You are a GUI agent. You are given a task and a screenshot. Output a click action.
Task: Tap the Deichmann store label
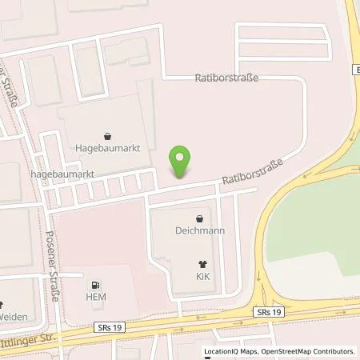(200, 230)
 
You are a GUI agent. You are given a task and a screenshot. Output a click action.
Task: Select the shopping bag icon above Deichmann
(200, 218)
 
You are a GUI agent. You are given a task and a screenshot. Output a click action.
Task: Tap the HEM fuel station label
(96, 298)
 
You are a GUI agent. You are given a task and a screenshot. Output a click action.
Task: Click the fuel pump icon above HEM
(96, 285)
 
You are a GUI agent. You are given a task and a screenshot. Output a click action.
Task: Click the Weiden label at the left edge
(13, 316)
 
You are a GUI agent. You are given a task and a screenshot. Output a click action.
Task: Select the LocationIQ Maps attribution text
(224, 351)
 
